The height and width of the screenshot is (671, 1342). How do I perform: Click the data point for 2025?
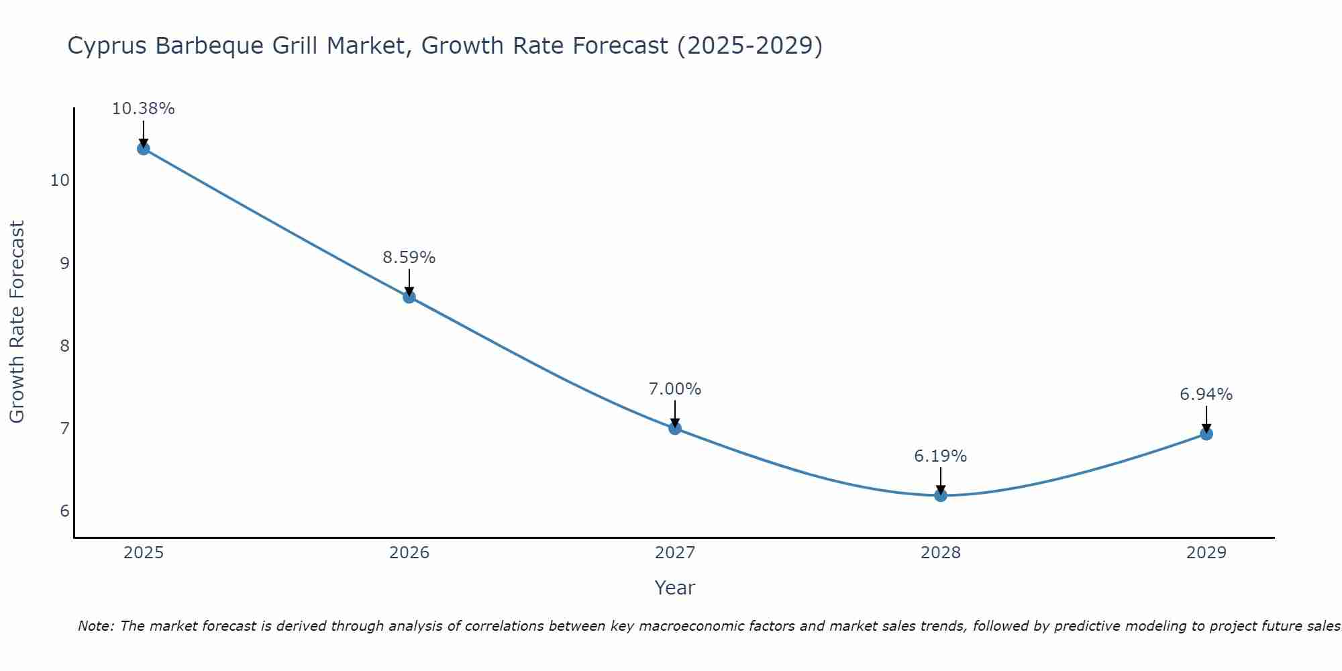click(x=143, y=148)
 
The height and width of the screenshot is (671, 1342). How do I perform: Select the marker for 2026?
click(x=409, y=297)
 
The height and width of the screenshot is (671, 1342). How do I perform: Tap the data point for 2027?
click(x=675, y=428)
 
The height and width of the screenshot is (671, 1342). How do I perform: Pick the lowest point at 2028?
click(x=941, y=495)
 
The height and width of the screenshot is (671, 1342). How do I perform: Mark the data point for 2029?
click(x=1206, y=433)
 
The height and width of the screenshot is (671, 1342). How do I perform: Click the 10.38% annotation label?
click(x=143, y=109)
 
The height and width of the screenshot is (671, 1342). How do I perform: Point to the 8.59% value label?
click(x=409, y=257)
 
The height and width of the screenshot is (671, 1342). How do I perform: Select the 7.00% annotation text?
click(x=675, y=389)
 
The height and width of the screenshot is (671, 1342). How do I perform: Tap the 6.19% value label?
click(x=941, y=456)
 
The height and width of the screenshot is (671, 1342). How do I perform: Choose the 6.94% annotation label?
click(x=1206, y=395)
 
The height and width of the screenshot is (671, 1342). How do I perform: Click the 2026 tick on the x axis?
click(x=409, y=553)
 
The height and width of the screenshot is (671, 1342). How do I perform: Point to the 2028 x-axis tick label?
click(x=941, y=553)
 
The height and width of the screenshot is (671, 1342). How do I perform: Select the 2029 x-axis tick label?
click(x=1206, y=553)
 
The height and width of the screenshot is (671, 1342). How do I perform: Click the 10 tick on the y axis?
click(x=60, y=180)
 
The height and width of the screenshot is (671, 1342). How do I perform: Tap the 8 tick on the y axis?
click(x=64, y=346)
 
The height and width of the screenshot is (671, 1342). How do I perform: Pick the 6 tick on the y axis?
click(x=64, y=511)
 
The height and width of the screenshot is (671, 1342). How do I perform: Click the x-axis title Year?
click(x=675, y=588)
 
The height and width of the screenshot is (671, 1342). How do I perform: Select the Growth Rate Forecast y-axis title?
click(x=17, y=322)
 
